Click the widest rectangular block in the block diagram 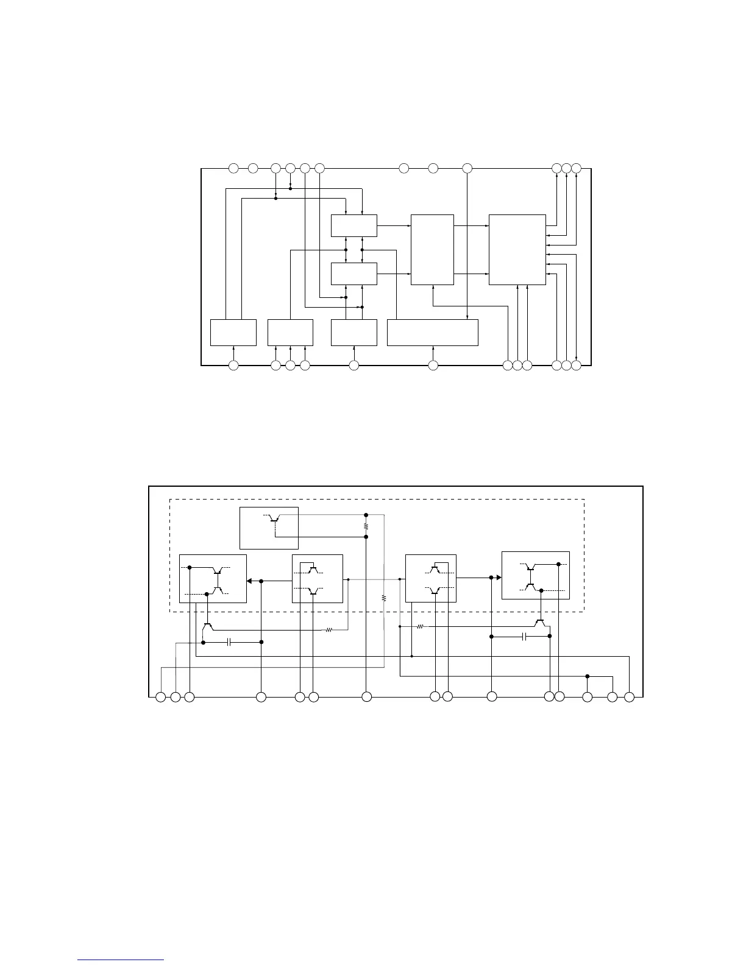tap(432, 332)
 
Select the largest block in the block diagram tap(517, 249)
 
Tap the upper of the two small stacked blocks tap(353, 225)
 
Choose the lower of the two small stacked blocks tap(353, 274)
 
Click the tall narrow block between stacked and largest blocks tap(432, 249)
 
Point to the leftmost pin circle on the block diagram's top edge tap(233, 168)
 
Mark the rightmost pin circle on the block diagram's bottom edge tap(577, 365)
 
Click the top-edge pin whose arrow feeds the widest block tap(467, 168)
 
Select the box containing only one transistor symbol tap(269, 528)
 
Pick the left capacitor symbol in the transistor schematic tap(229, 642)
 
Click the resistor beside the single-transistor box tap(366, 525)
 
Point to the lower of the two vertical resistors tap(384, 598)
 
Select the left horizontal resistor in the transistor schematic tap(329, 630)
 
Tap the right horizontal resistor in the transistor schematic tap(420, 626)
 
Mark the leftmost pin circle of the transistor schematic tap(161, 696)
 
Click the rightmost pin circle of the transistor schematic tap(630, 696)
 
